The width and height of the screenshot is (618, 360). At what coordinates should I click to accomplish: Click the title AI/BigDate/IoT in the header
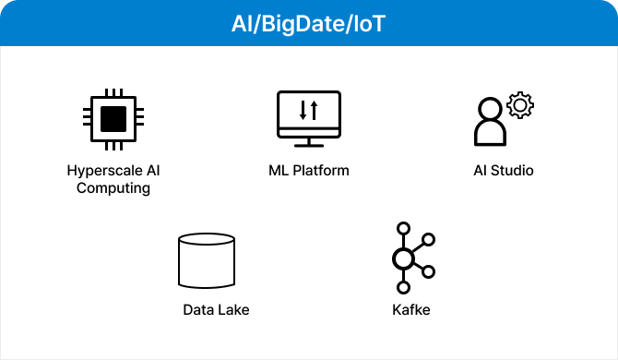point(309,23)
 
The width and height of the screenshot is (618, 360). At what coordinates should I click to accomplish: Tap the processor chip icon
point(113,119)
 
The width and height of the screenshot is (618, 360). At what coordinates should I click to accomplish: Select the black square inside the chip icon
point(113,119)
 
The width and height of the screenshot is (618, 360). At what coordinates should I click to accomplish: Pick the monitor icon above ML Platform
point(309,116)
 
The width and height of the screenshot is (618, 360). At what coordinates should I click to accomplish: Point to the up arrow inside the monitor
point(314,110)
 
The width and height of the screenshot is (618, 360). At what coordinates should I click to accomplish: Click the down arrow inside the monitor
point(303,110)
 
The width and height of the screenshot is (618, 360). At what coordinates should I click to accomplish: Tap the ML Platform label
point(309,171)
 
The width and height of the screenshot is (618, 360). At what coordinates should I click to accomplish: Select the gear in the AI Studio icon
point(520,105)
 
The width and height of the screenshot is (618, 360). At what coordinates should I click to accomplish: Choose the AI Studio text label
point(504,171)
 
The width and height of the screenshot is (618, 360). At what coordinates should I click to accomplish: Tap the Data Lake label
point(216,309)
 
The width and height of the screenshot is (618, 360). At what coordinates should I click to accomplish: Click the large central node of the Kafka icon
point(402,258)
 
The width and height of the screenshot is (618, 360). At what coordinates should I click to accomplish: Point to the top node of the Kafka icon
point(402,228)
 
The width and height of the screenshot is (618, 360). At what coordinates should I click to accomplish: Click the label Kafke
point(411,309)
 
